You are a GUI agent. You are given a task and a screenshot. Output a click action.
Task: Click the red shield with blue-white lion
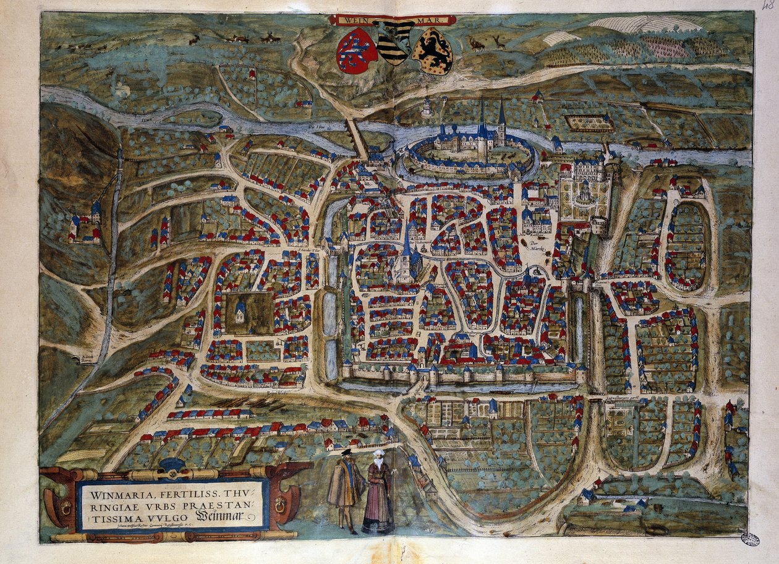357,51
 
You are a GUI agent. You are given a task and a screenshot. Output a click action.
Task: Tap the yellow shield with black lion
433,51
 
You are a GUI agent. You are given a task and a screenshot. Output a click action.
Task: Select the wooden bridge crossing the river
357,137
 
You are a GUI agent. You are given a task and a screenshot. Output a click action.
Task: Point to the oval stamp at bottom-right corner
750,539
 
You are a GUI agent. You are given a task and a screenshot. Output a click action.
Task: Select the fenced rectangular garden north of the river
590,122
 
